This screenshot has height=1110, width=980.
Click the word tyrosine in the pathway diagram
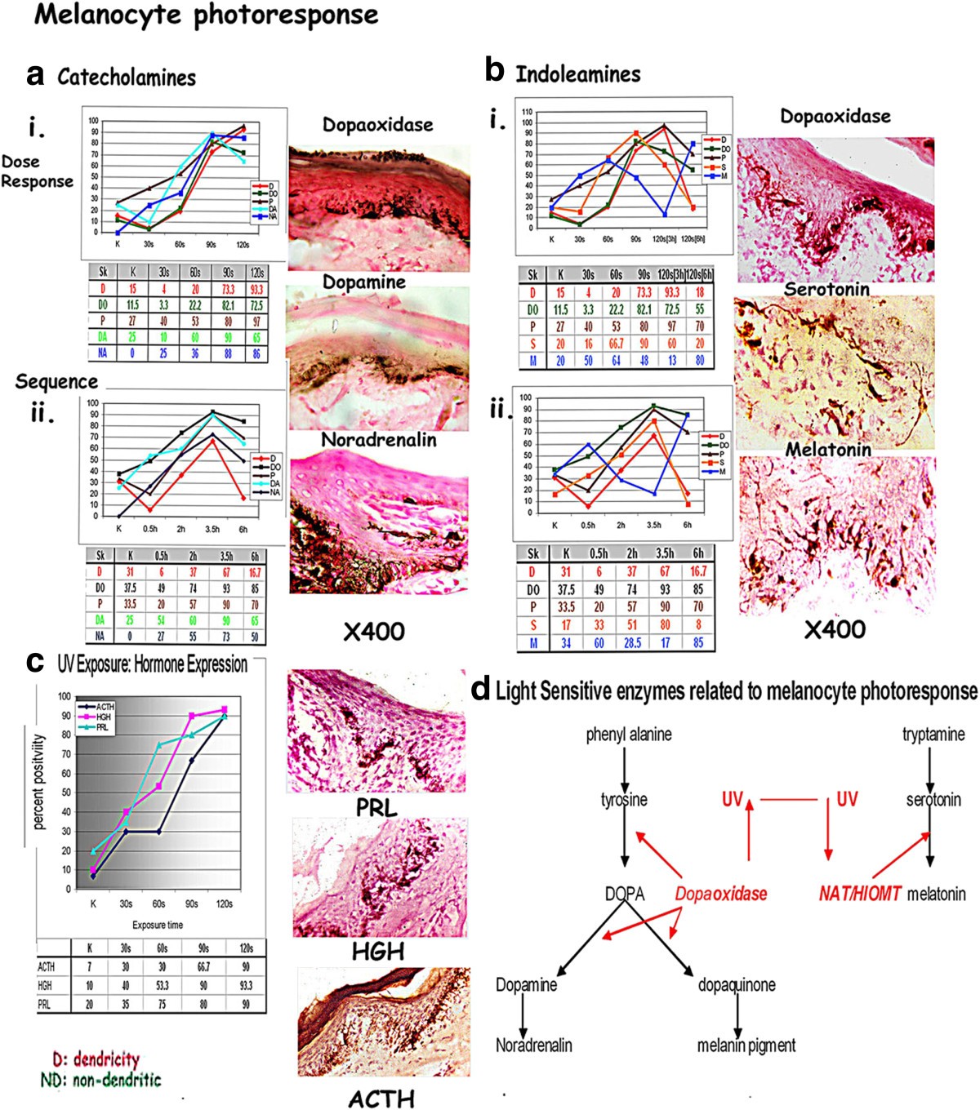click(x=624, y=801)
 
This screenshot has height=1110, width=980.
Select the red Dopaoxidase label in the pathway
click(x=720, y=894)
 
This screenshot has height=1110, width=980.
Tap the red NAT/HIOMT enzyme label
click(x=859, y=895)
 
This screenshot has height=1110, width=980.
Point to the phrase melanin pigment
click(x=746, y=1046)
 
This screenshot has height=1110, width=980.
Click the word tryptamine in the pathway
click(x=933, y=735)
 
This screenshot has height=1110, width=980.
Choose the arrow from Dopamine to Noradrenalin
click(x=523, y=1015)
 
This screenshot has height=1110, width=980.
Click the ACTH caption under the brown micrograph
click(x=381, y=1099)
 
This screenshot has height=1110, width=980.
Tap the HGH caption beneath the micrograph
click(x=377, y=952)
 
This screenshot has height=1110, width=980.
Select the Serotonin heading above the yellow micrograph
click(x=826, y=289)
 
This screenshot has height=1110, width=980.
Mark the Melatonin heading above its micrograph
click(x=828, y=450)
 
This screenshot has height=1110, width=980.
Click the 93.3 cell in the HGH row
click(x=246, y=986)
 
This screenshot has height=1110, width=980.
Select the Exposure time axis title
click(x=158, y=925)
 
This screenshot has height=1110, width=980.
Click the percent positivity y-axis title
click(x=38, y=781)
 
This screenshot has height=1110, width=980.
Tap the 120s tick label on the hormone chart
click(x=224, y=904)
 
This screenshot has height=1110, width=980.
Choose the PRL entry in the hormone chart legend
click(x=98, y=727)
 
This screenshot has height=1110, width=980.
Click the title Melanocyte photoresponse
click(x=206, y=16)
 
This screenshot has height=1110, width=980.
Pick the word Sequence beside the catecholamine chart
click(x=56, y=381)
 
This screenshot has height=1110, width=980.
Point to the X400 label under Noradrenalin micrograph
click(x=373, y=631)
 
